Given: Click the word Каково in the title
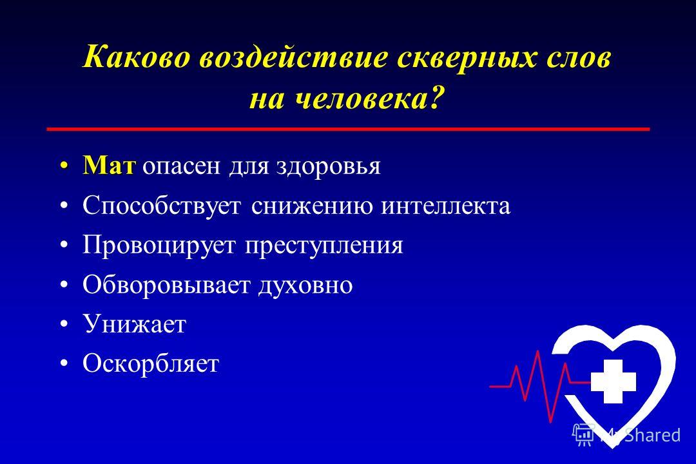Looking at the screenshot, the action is [136, 57].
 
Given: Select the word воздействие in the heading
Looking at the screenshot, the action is [294, 57].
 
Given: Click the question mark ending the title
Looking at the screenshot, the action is [436, 97].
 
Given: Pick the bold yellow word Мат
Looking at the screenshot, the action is [109, 165].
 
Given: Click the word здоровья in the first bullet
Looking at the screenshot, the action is [329, 167].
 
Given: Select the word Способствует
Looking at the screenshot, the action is [162, 205].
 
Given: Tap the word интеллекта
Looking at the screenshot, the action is [446, 206].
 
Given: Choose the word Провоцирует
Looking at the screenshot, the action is [159, 245].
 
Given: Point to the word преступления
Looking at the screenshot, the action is [324, 246].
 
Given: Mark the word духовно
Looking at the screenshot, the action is [306, 285].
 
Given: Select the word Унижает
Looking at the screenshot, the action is [135, 324].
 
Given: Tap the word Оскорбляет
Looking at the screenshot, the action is [151, 363].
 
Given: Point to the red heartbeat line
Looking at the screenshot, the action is [538, 386].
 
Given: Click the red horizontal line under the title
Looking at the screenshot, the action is [348, 129].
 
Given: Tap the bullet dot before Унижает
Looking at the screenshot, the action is [64, 324].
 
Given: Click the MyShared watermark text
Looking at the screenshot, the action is [639, 435].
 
